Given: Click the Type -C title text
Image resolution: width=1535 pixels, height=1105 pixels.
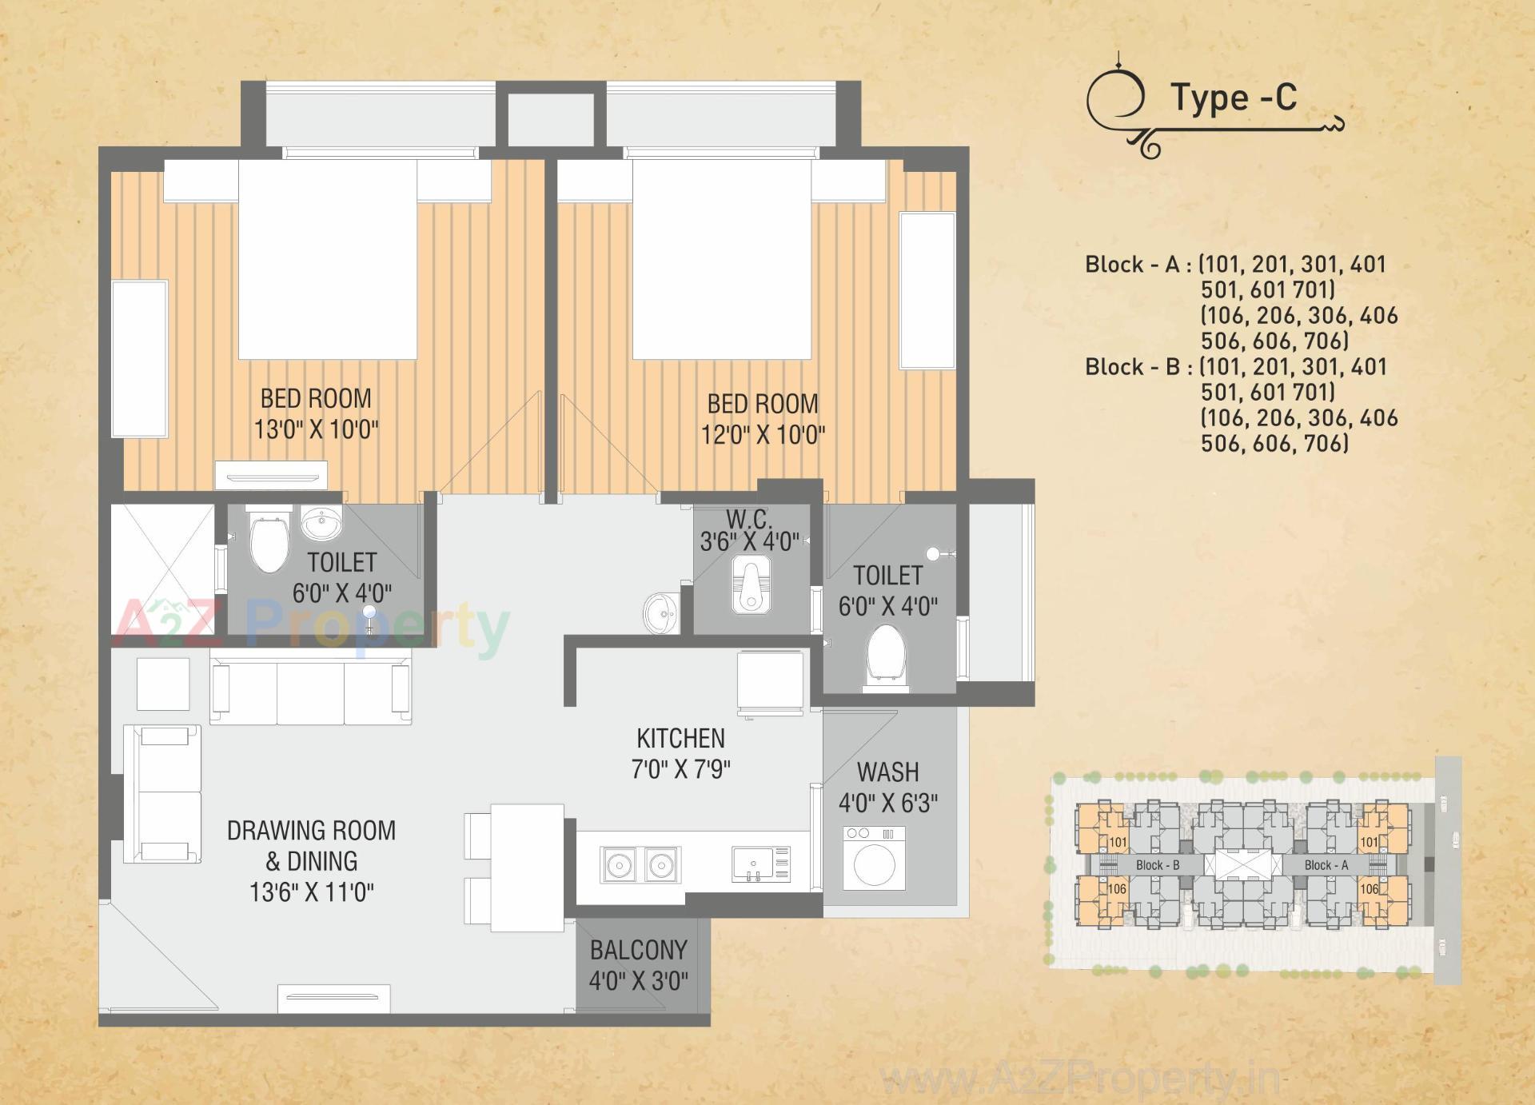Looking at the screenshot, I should pyautogui.click(x=1234, y=98).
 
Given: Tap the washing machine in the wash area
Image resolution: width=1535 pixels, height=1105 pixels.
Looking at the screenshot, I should pyautogui.click(x=874, y=859).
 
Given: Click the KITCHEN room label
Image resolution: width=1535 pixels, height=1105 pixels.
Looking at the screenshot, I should pyautogui.click(x=680, y=738).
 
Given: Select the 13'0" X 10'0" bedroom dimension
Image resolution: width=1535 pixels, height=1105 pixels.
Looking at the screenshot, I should pyautogui.click(x=316, y=429).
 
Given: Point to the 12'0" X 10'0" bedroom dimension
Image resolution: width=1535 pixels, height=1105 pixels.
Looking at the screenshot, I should pyautogui.click(x=763, y=435).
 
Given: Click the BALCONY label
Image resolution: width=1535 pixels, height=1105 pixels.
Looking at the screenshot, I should pyautogui.click(x=638, y=950).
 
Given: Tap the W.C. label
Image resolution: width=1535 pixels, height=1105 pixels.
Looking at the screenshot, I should pyautogui.click(x=749, y=519).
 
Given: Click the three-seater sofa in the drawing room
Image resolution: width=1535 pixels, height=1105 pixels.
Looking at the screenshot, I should pyautogui.click(x=310, y=692).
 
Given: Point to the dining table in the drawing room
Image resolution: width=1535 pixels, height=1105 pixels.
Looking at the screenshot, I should pyautogui.click(x=527, y=868).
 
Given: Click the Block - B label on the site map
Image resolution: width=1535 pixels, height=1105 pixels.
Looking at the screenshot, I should pyautogui.click(x=1157, y=865).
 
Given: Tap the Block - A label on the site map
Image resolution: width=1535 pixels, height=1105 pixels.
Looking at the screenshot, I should pyautogui.click(x=1326, y=865).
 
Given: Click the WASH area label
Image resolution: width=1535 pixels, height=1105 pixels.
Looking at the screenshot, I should pyautogui.click(x=887, y=772).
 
